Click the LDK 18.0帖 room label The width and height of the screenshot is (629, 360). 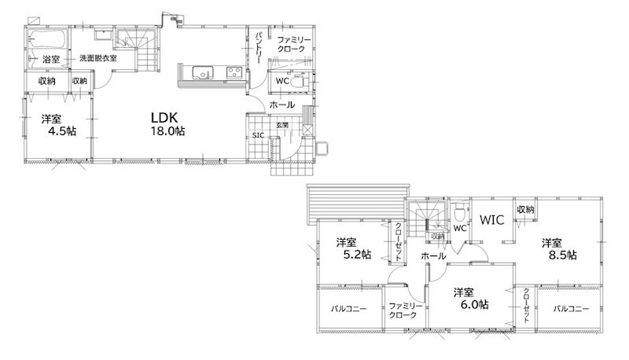167,124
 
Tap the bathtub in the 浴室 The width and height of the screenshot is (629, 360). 47,39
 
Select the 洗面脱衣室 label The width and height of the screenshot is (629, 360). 97,58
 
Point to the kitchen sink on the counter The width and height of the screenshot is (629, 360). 203,72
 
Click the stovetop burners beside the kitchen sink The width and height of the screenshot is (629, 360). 234,72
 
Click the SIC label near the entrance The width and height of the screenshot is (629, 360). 259,135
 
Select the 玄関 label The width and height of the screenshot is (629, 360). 282,125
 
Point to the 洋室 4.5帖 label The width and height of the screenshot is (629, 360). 58,125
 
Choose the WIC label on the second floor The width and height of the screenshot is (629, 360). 492,219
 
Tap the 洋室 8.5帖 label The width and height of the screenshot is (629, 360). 559,249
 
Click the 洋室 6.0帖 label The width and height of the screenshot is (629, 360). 471,298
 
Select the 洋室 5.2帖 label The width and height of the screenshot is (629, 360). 353,248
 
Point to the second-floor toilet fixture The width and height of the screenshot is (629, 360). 459,211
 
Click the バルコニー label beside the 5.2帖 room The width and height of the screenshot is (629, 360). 348,309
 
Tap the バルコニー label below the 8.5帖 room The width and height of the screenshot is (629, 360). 572,309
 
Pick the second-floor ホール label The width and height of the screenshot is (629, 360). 433,255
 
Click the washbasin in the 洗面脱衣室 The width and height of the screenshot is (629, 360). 104,35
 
